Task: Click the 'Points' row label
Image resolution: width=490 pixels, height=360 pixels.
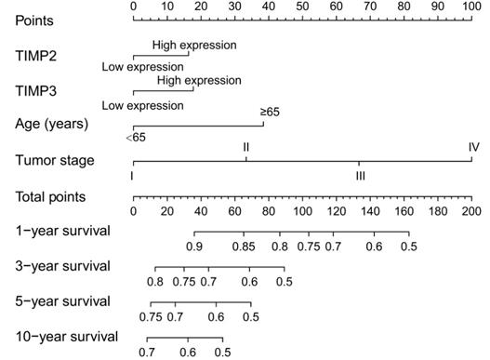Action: [x=33, y=20]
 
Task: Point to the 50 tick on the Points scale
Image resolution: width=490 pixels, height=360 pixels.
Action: [x=302, y=7]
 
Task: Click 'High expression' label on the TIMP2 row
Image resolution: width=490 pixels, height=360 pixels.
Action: [x=194, y=45]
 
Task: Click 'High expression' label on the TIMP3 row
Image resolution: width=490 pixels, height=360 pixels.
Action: [x=199, y=81]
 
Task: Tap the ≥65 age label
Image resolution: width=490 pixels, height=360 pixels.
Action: [x=269, y=113]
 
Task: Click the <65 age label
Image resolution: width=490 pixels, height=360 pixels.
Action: [x=134, y=139]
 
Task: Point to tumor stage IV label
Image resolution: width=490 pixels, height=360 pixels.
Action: [x=473, y=148]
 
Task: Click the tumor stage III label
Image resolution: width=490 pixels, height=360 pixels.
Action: [x=359, y=175]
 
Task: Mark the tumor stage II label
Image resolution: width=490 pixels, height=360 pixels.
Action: [x=245, y=148]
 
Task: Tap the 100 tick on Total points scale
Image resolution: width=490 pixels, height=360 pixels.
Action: [x=302, y=211]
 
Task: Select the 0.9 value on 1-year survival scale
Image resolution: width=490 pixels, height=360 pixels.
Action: [x=194, y=247]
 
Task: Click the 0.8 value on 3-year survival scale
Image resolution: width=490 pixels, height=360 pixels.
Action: [x=155, y=281]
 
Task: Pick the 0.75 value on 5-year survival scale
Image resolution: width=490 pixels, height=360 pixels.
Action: [x=151, y=316]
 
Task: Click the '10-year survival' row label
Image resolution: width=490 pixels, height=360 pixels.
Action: [x=60, y=336]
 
